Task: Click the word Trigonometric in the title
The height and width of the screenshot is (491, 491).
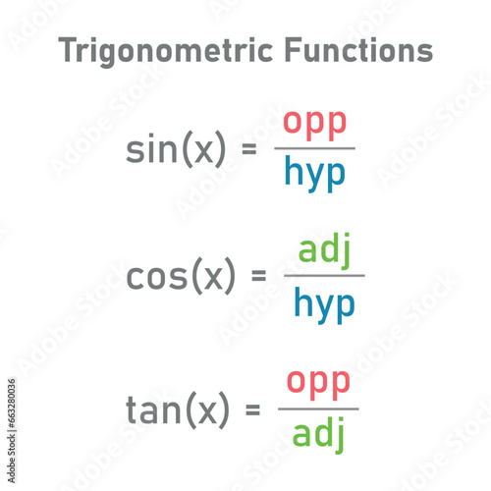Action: pos(165,50)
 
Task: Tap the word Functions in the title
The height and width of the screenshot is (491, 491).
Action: pos(359,49)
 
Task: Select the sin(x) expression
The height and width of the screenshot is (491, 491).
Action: pos(176,149)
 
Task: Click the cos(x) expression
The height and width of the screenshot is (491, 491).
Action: pos(181,276)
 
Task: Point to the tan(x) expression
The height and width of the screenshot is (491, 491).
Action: pos(178,409)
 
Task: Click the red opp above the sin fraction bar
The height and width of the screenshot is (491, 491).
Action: pos(314,125)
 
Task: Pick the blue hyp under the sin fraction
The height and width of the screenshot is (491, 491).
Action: pos(315,174)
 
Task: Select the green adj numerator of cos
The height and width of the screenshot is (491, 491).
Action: pos(324,250)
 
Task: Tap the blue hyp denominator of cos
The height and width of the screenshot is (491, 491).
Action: pos(324,305)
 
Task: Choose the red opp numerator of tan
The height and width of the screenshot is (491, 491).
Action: pos(318,384)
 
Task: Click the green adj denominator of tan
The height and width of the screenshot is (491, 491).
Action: pos(318,435)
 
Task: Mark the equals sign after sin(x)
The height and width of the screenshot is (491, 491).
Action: pos(248,149)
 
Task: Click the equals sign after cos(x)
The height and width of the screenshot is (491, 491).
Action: pos(258,275)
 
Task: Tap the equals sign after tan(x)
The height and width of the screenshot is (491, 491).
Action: pos(252,409)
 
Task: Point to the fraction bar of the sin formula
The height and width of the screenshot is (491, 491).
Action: pos(314,148)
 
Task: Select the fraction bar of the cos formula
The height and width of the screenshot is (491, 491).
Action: pos(324,276)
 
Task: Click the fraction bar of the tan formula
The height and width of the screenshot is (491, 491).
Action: pos(318,409)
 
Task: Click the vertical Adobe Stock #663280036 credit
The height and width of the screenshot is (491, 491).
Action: pos(12,430)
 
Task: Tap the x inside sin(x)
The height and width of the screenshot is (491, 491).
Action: pos(203,150)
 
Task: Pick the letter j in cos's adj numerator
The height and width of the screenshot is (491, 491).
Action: pos(345,251)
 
